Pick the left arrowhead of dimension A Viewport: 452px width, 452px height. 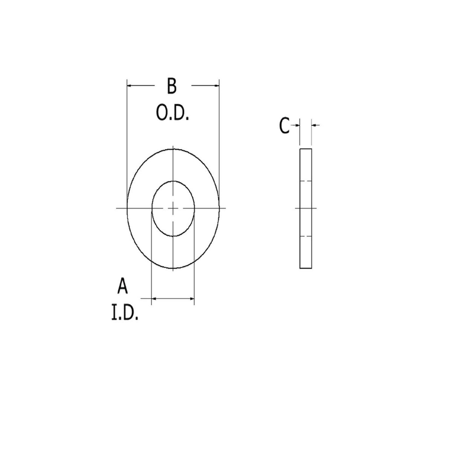point(154,299)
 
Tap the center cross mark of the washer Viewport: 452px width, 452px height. point(173,208)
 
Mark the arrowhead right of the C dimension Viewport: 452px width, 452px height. point(314,125)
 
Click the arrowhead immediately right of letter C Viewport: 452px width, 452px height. point(297,125)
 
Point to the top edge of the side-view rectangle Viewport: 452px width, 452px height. point(306,149)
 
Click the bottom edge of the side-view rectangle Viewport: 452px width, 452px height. point(306,268)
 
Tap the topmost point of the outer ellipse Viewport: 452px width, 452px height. point(173,149)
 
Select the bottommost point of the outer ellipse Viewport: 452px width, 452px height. point(173,269)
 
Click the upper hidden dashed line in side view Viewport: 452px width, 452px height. point(306,181)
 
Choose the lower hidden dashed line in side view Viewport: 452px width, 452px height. point(306,236)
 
